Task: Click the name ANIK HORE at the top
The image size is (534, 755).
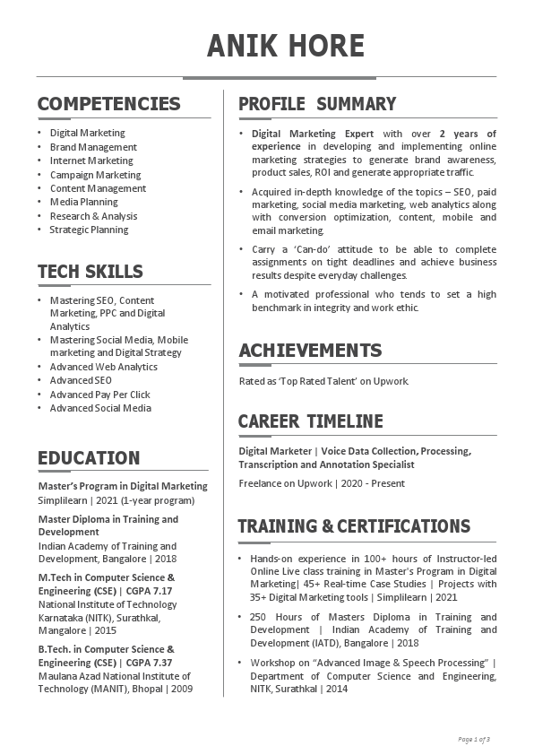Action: pos(286,46)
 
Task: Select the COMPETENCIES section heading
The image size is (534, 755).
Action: pos(108,104)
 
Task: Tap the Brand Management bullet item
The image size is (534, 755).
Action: pos(93,147)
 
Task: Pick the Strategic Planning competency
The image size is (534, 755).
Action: pos(89,230)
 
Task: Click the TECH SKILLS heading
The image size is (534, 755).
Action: pos(90,272)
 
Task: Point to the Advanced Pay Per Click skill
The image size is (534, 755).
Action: pos(99,395)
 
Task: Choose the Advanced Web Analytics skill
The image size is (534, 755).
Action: pos(103,367)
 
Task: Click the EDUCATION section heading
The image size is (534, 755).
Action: pos(89,458)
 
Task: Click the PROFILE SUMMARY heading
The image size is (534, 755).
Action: pos(316,104)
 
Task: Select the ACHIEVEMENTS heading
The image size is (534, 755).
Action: pos(309,351)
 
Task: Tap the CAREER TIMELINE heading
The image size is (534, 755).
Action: pos(310,421)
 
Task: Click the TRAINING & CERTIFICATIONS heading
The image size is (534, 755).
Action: pos(353,526)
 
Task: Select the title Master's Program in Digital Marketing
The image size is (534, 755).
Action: pos(122,486)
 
